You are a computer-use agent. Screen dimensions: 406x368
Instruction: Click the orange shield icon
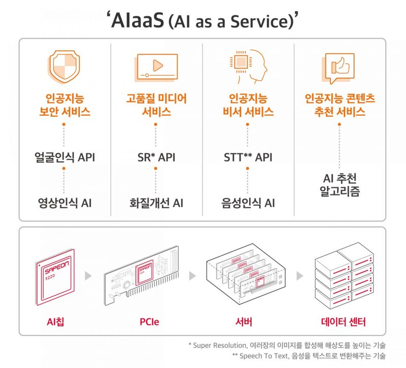click(x=64, y=67)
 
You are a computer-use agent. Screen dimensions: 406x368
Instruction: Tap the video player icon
click(x=156, y=68)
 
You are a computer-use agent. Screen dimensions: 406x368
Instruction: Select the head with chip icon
click(x=248, y=66)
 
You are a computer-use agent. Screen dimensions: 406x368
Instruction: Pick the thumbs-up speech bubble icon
click(x=338, y=69)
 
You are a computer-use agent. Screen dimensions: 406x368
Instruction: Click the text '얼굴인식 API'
click(x=65, y=157)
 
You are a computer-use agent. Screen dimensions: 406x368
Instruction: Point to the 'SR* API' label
click(x=156, y=157)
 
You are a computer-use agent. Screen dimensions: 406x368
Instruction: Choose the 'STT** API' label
click(x=248, y=157)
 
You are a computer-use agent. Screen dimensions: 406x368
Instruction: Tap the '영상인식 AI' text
click(x=65, y=203)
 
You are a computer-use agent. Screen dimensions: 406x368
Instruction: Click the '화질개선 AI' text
click(x=156, y=203)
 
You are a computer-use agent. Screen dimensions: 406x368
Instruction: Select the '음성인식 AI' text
click(x=248, y=203)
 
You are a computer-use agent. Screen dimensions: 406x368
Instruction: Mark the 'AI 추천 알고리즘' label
click(x=340, y=185)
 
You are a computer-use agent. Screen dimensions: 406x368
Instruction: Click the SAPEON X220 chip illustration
click(x=55, y=277)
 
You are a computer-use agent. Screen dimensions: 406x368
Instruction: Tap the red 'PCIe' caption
click(x=149, y=322)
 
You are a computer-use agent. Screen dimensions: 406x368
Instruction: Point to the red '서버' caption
click(x=244, y=322)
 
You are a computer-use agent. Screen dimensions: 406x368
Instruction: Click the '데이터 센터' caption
click(x=344, y=322)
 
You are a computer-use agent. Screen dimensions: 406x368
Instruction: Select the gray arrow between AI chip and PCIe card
click(x=88, y=276)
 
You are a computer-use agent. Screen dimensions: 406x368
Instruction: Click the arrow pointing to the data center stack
click(x=299, y=276)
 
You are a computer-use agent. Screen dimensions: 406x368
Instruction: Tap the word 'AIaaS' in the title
click(x=138, y=20)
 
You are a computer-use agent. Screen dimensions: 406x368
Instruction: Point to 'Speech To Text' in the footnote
click(x=264, y=356)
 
